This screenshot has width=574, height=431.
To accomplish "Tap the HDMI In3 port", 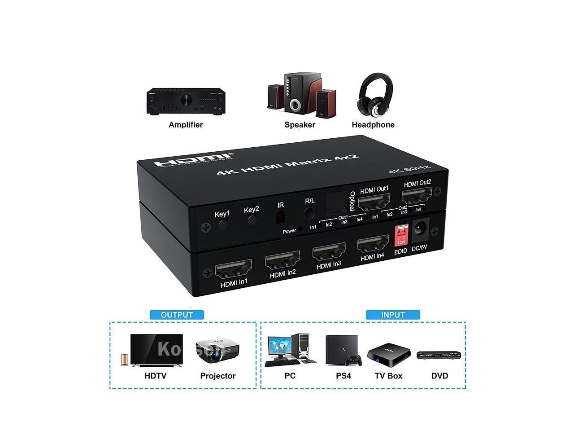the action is (329, 251).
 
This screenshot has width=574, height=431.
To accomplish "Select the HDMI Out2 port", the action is (417, 195).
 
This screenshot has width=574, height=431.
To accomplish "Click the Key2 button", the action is (252, 220).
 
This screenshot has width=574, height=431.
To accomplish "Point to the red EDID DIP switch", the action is (401, 235).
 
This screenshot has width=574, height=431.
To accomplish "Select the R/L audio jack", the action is (309, 213).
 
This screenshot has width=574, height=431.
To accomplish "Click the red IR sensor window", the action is (280, 217).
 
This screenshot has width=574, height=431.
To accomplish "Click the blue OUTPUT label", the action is (177, 315).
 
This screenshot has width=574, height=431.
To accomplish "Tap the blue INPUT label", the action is (393, 315).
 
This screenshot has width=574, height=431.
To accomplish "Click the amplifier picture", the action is (185, 102).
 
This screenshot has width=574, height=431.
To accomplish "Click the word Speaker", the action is (300, 125).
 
